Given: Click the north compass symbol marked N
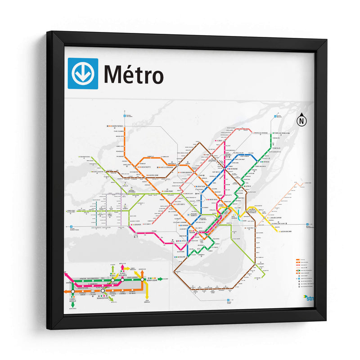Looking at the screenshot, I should tap(301, 121).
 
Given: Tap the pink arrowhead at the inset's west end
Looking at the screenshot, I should tap(66, 273).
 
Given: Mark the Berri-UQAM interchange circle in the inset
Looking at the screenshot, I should tap(142, 279).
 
